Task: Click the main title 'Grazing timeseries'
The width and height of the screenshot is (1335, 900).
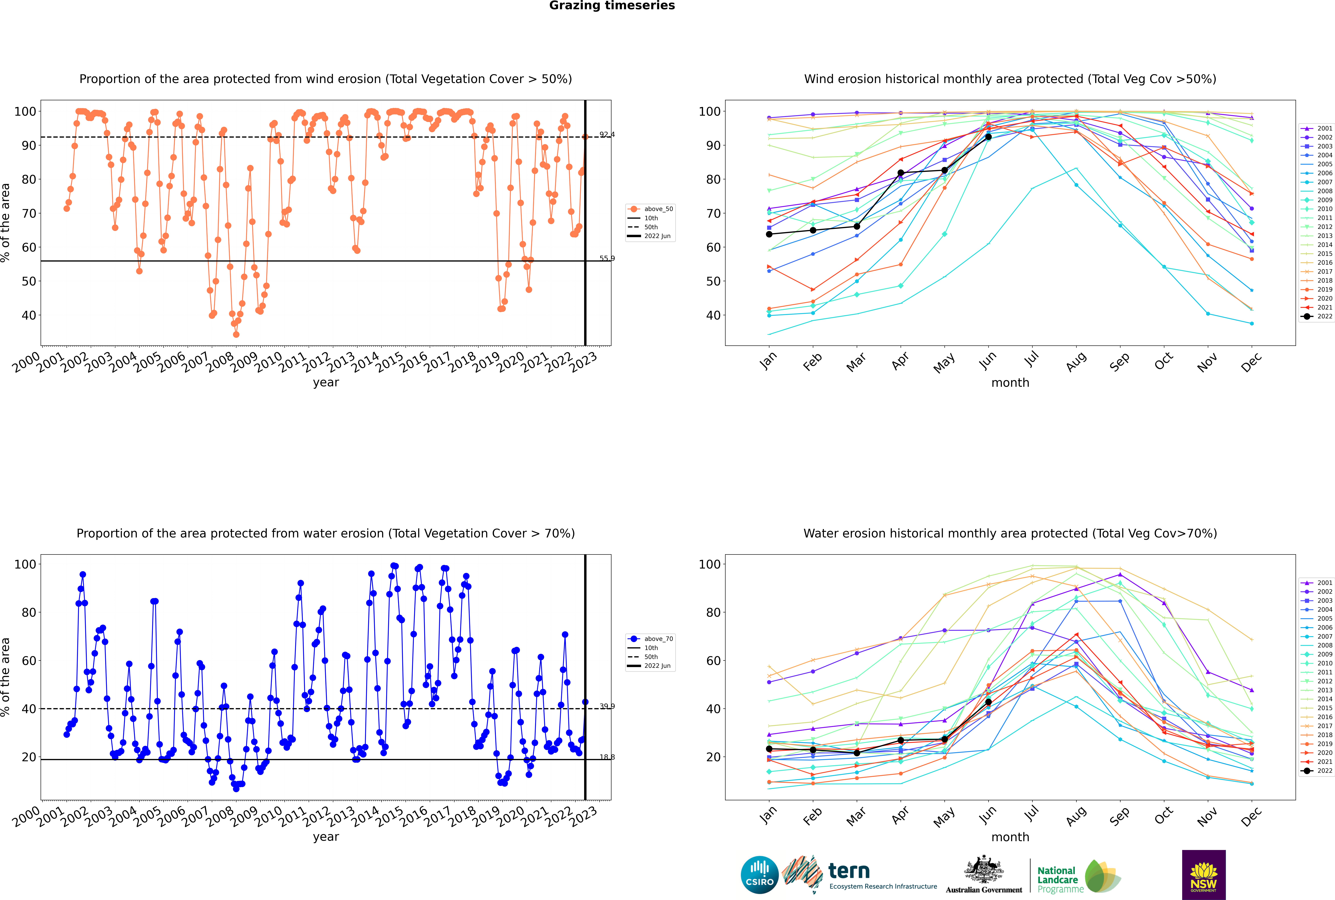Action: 612,6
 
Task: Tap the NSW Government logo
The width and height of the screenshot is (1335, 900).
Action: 1204,875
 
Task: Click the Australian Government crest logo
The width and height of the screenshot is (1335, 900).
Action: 984,875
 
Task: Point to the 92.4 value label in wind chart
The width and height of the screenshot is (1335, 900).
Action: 607,135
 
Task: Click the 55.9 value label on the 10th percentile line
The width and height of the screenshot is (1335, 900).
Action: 607,258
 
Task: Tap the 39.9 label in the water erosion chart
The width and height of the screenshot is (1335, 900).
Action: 607,706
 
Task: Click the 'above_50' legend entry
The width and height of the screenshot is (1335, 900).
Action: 650,209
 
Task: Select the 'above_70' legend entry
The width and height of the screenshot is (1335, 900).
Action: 650,639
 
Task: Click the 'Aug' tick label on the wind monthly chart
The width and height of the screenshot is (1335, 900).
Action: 1075,362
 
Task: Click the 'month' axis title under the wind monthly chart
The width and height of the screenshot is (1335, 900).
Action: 1010,383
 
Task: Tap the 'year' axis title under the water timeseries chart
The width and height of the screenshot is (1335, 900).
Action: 326,837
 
